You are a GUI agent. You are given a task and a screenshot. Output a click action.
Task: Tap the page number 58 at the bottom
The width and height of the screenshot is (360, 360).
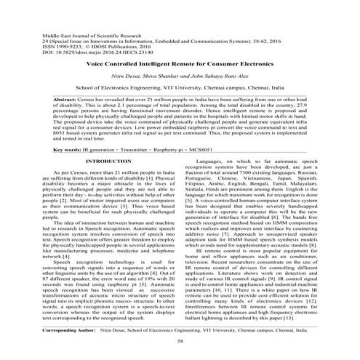pyautogui.click(x=180, y=340)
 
